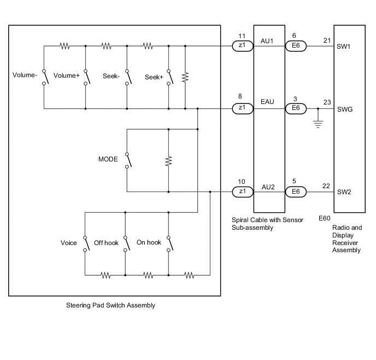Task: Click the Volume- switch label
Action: coord(25,76)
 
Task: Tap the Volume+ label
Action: coord(67,76)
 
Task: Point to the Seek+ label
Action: coord(154,77)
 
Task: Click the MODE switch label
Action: coord(108,160)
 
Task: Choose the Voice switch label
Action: coord(69,242)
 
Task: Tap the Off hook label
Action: coord(106,242)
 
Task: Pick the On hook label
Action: coord(149,242)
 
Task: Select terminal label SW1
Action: coord(344,47)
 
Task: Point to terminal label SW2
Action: coord(344,192)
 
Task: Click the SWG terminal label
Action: coord(345,109)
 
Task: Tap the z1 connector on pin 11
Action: coord(242,47)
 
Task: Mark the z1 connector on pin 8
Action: coord(242,109)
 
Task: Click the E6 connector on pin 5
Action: coord(296,192)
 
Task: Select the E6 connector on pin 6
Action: coord(296,47)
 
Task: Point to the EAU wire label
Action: coord(268,103)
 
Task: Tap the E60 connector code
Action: coord(325,218)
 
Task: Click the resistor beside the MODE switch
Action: coord(168,161)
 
